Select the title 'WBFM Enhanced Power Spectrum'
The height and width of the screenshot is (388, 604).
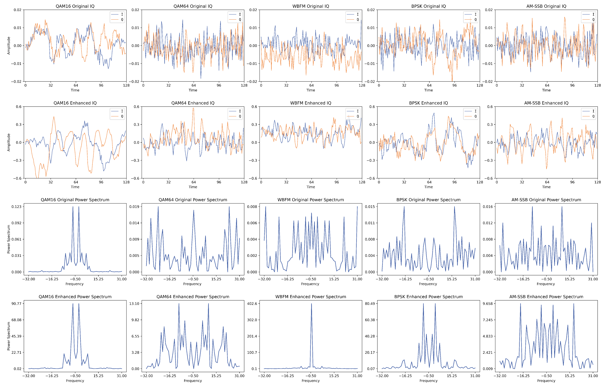[x=311, y=297]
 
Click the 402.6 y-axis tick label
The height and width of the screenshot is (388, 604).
[x=252, y=304]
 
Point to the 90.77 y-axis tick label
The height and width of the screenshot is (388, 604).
[x=16, y=304]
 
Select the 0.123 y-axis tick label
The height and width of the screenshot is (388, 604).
[x=16, y=207]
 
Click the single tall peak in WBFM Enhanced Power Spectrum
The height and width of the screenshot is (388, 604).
[x=311, y=304]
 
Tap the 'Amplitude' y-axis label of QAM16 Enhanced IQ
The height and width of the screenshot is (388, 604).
[x=9, y=142]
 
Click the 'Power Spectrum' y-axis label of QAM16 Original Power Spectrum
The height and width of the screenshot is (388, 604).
[x=9, y=239]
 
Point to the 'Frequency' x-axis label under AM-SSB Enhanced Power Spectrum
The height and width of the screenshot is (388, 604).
[x=546, y=381]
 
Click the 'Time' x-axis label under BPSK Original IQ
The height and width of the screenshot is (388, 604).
[x=428, y=90]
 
